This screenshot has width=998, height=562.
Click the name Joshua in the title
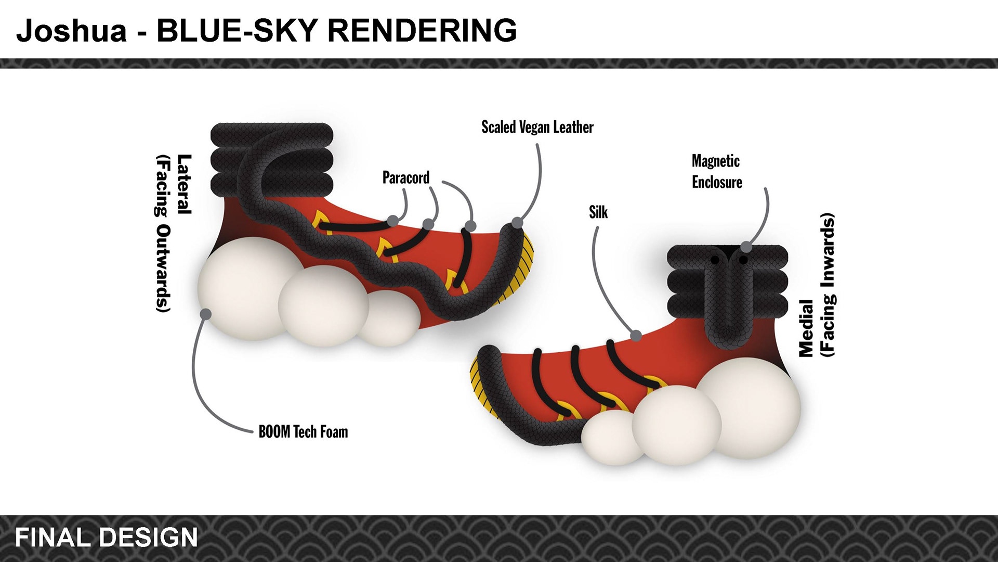tap(72, 30)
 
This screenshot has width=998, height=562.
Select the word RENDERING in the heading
tap(422, 30)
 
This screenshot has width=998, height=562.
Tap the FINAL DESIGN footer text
tap(107, 538)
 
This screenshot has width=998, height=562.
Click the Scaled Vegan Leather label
tap(537, 127)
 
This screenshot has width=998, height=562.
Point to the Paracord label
tap(406, 178)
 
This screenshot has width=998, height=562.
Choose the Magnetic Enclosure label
tap(716, 172)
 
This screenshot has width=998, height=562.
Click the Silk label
tap(598, 212)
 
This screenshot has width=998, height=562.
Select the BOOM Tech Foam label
tap(303, 432)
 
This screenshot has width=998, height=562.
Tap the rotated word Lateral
tap(184, 184)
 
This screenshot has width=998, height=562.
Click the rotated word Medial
tap(806, 328)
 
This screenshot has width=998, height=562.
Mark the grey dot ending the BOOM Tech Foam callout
tap(206, 314)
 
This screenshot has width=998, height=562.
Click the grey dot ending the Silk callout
tap(636, 336)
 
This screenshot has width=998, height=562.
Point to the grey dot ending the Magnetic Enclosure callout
tap(746, 247)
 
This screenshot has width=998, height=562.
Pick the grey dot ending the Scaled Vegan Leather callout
tap(517, 223)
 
